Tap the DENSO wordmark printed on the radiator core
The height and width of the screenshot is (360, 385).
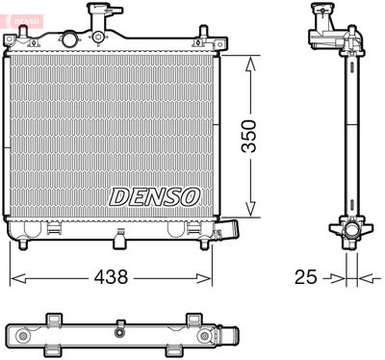(x=154, y=195)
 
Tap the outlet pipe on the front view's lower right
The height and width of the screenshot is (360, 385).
(x=230, y=232)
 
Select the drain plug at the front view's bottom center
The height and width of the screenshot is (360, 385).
(x=118, y=234)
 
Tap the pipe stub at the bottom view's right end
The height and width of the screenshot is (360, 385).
(x=228, y=335)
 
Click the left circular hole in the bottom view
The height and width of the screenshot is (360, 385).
(x=21, y=334)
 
